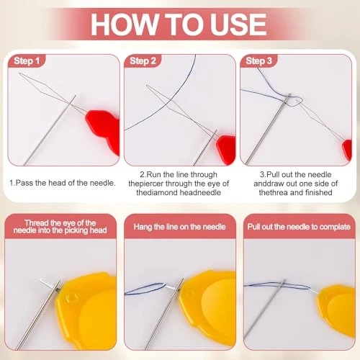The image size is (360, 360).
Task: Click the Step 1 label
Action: [27, 61]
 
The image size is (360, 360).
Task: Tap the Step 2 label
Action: [143, 61]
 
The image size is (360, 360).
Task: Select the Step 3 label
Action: [258, 61]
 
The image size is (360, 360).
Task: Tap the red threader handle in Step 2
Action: [225, 149]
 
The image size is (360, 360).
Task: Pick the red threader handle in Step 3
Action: [347, 150]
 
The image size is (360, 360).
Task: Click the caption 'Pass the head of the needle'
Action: [63, 183]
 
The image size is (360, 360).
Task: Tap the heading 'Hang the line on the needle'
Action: [179, 227]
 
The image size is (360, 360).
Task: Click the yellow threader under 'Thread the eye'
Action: [86, 310]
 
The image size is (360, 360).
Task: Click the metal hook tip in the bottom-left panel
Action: [42, 281]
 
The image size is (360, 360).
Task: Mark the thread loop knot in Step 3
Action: [294, 102]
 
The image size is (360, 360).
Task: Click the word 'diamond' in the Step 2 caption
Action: [161, 192]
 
